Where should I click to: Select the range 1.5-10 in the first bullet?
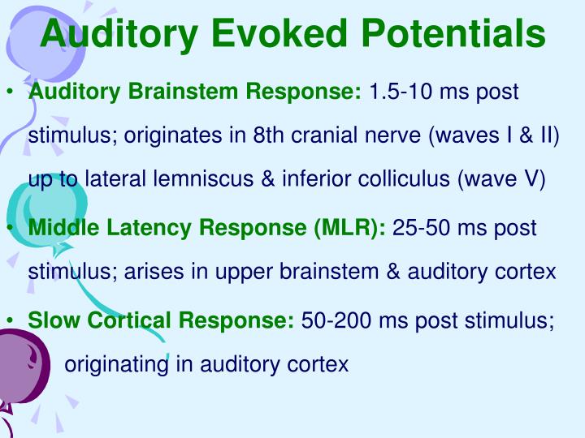[x=402, y=92]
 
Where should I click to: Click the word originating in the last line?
[x=116, y=365]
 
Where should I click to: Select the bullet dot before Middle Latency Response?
[x=9, y=229]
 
